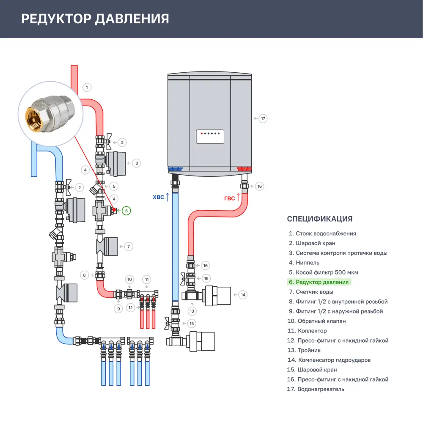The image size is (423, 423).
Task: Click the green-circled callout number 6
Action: click(126, 210)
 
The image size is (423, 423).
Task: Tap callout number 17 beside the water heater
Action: click(263, 118)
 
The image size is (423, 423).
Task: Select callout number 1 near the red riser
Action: click(86, 88)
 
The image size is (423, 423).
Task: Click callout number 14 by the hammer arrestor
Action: click(242, 294)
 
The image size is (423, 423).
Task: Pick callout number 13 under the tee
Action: click(192, 311)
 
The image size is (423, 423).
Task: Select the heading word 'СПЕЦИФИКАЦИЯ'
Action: click(319, 219)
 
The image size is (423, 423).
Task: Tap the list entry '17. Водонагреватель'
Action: click(316, 389)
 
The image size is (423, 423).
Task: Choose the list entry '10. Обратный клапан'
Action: click(316, 321)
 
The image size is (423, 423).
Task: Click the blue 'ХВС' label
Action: click(158, 197)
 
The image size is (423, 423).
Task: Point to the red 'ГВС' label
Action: click(229, 198)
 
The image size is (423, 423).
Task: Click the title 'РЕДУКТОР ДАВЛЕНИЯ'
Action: click(95, 19)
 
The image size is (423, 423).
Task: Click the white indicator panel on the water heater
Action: click(210, 137)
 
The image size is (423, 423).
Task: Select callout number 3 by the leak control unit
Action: click(136, 162)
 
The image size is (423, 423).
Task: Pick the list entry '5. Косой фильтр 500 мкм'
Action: click(323, 272)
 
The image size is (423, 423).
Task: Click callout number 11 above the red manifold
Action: click(147, 279)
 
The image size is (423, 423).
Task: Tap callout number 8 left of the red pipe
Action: click(85, 275)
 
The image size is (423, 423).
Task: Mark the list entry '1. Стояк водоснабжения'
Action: click(322, 233)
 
